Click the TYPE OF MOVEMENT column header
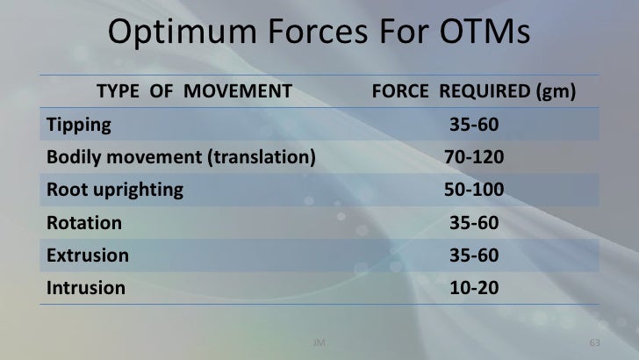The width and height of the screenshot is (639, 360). [x=193, y=91]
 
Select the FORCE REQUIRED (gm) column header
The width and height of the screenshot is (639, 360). [x=474, y=91]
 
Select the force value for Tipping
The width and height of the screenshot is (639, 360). [x=474, y=125]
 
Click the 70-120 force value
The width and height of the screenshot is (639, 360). [x=474, y=157]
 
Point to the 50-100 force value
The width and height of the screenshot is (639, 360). [x=474, y=190]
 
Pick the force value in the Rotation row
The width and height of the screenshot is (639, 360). [x=474, y=223]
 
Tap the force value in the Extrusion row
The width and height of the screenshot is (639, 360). [x=474, y=256]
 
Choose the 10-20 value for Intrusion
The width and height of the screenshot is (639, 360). [x=474, y=288]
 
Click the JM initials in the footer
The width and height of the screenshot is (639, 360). [x=319, y=340]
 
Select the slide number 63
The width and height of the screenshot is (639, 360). [x=593, y=340]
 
